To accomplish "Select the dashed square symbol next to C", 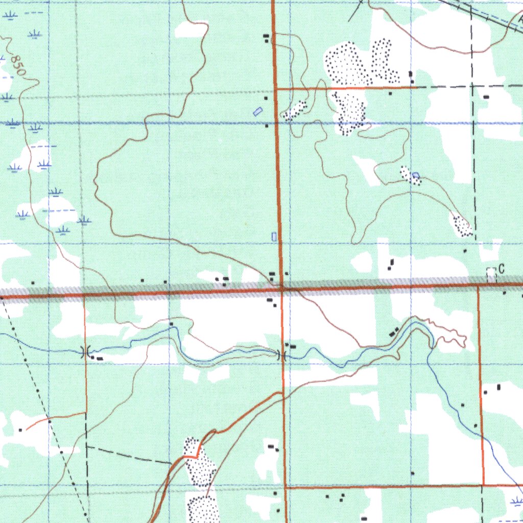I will click(x=491, y=274).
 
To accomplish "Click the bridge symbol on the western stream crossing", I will click(x=86, y=351).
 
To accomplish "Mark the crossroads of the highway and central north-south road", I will click(x=281, y=290).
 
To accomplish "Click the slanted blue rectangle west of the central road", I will click(x=258, y=111).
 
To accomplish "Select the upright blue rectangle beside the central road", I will click(x=274, y=236).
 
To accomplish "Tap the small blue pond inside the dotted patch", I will click(x=416, y=176).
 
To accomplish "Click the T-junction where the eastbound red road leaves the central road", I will click(x=276, y=89).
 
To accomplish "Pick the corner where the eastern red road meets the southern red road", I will click(x=483, y=485).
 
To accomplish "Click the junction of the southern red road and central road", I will click(x=284, y=487).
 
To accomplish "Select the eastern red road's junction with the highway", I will click(x=479, y=287).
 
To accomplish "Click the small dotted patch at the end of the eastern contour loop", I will click(x=462, y=225).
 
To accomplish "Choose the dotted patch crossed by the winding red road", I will click(x=198, y=462).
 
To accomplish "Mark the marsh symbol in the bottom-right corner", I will click(x=516, y=501).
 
